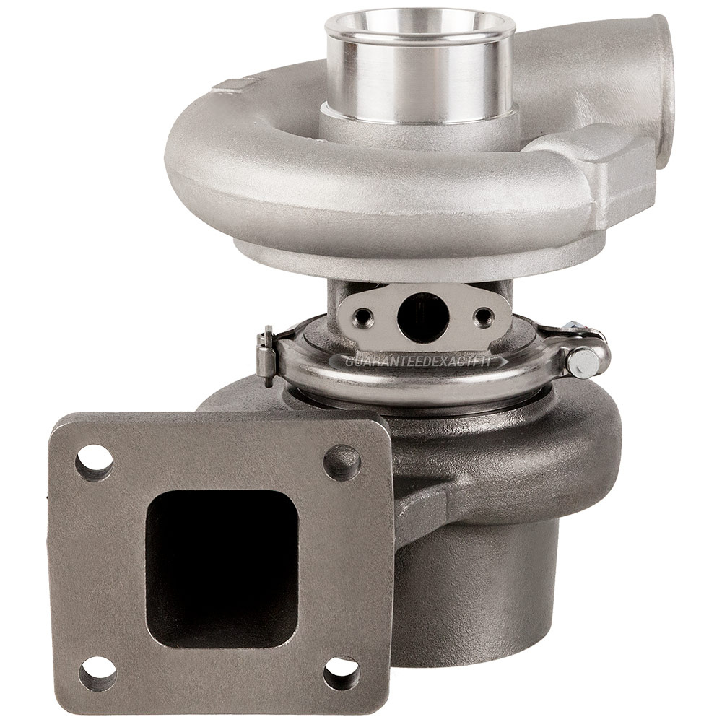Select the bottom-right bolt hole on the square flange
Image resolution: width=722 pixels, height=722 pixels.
(x=342, y=674)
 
